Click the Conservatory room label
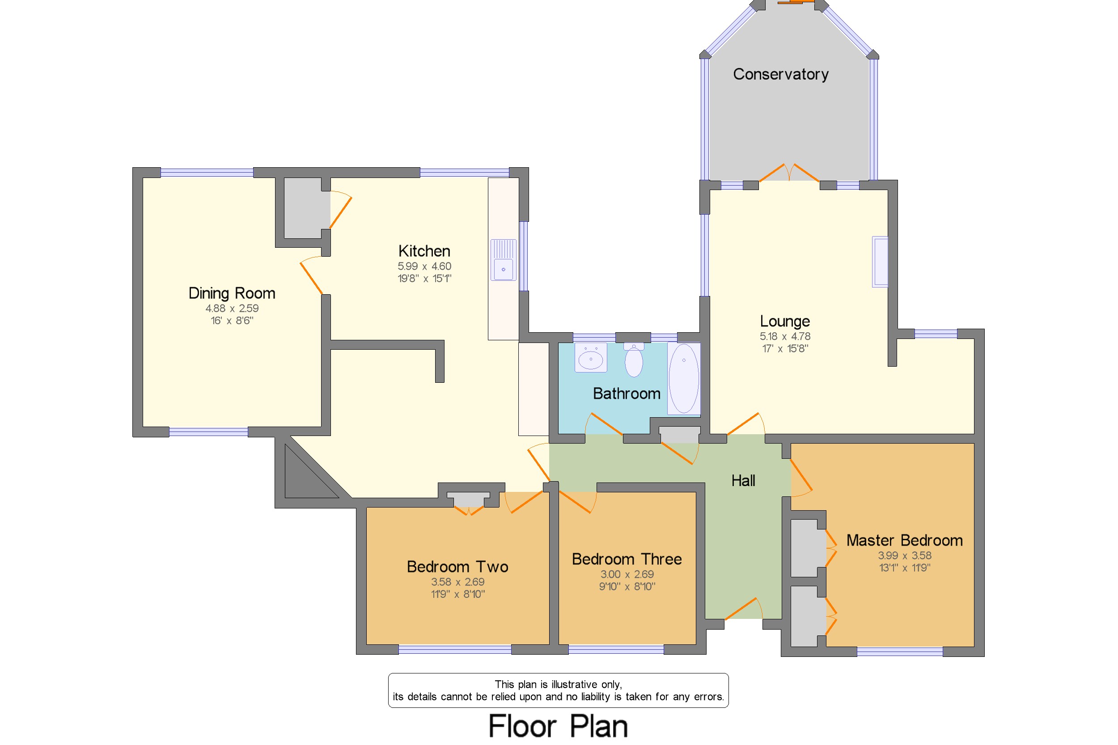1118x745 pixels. (x=780, y=74)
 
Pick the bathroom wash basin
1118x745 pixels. (x=591, y=358)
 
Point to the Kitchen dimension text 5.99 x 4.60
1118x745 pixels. (x=424, y=266)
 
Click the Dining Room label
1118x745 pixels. (x=232, y=293)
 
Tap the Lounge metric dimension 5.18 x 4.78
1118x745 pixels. (x=784, y=336)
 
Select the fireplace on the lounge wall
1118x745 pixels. (x=880, y=262)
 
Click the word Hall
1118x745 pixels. (x=743, y=481)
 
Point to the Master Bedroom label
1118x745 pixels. (x=904, y=540)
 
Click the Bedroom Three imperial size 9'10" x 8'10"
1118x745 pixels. (x=626, y=586)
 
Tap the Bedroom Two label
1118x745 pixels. (x=457, y=567)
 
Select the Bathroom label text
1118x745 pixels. (x=626, y=394)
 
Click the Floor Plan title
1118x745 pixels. (x=558, y=726)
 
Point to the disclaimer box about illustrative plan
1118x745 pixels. (x=558, y=690)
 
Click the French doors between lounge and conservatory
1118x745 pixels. (x=789, y=174)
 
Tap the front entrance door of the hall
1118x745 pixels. (x=743, y=610)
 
